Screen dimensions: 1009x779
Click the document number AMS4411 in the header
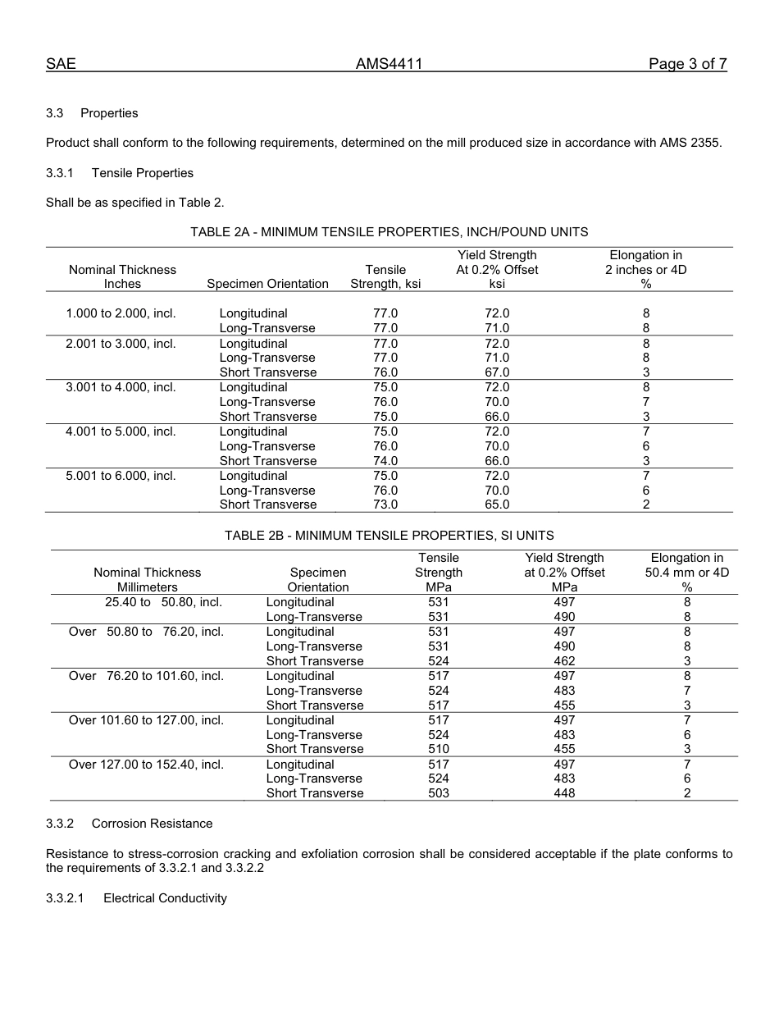coord(389,64)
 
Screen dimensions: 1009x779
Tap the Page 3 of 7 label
coord(687,64)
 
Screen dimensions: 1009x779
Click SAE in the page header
coord(61,64)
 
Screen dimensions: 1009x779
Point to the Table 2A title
coord(389,232)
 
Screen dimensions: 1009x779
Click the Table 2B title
coord(389,536)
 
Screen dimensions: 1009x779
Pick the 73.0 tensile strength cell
coord(385,504)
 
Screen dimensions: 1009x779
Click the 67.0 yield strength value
coord(497,372)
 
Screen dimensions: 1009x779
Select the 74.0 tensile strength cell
coord(385,461)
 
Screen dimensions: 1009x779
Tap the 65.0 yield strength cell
coord(497,504)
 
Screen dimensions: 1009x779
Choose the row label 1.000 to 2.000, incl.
coord(121,313)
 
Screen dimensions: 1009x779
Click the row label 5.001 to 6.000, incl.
coord(121,476)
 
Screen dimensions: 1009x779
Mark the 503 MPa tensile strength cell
coord(439,793)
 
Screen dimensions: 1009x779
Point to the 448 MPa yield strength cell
coord(564,793)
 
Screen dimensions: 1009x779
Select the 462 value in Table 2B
coord(564,661)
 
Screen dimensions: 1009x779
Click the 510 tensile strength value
coord(439,749)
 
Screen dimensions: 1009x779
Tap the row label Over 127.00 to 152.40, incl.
coord(146,765)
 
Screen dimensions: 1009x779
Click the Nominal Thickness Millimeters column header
coord(147,579)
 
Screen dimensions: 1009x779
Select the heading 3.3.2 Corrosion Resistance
coord(129,824)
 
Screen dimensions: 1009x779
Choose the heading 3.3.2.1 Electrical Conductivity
coord(136,898)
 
